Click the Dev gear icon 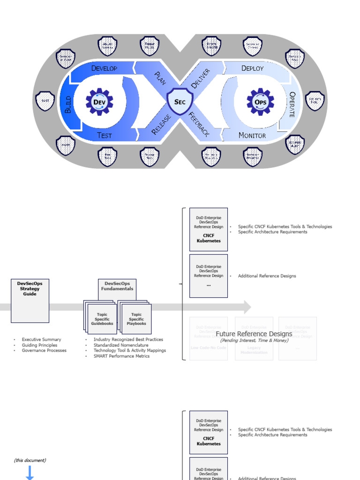(99, 102)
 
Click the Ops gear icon (260, 102)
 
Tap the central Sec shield (180, 102)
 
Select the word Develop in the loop (104, 68)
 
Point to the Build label (68, 104)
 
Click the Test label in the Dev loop (104, 135)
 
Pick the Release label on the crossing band (162, 124)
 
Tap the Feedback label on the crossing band (199, 124)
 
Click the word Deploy (252, 68)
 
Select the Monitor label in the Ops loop (252, 135)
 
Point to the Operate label (292, 104)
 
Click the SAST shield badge (45, 101)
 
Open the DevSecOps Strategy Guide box (30, 301)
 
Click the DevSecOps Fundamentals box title (117, 286)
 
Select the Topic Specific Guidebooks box (102, 319)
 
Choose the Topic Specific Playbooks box (136, 319)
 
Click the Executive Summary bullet (41, 339)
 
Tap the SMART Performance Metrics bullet (121, 356)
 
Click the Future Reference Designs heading (254, 334)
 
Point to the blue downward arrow (30, 472)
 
